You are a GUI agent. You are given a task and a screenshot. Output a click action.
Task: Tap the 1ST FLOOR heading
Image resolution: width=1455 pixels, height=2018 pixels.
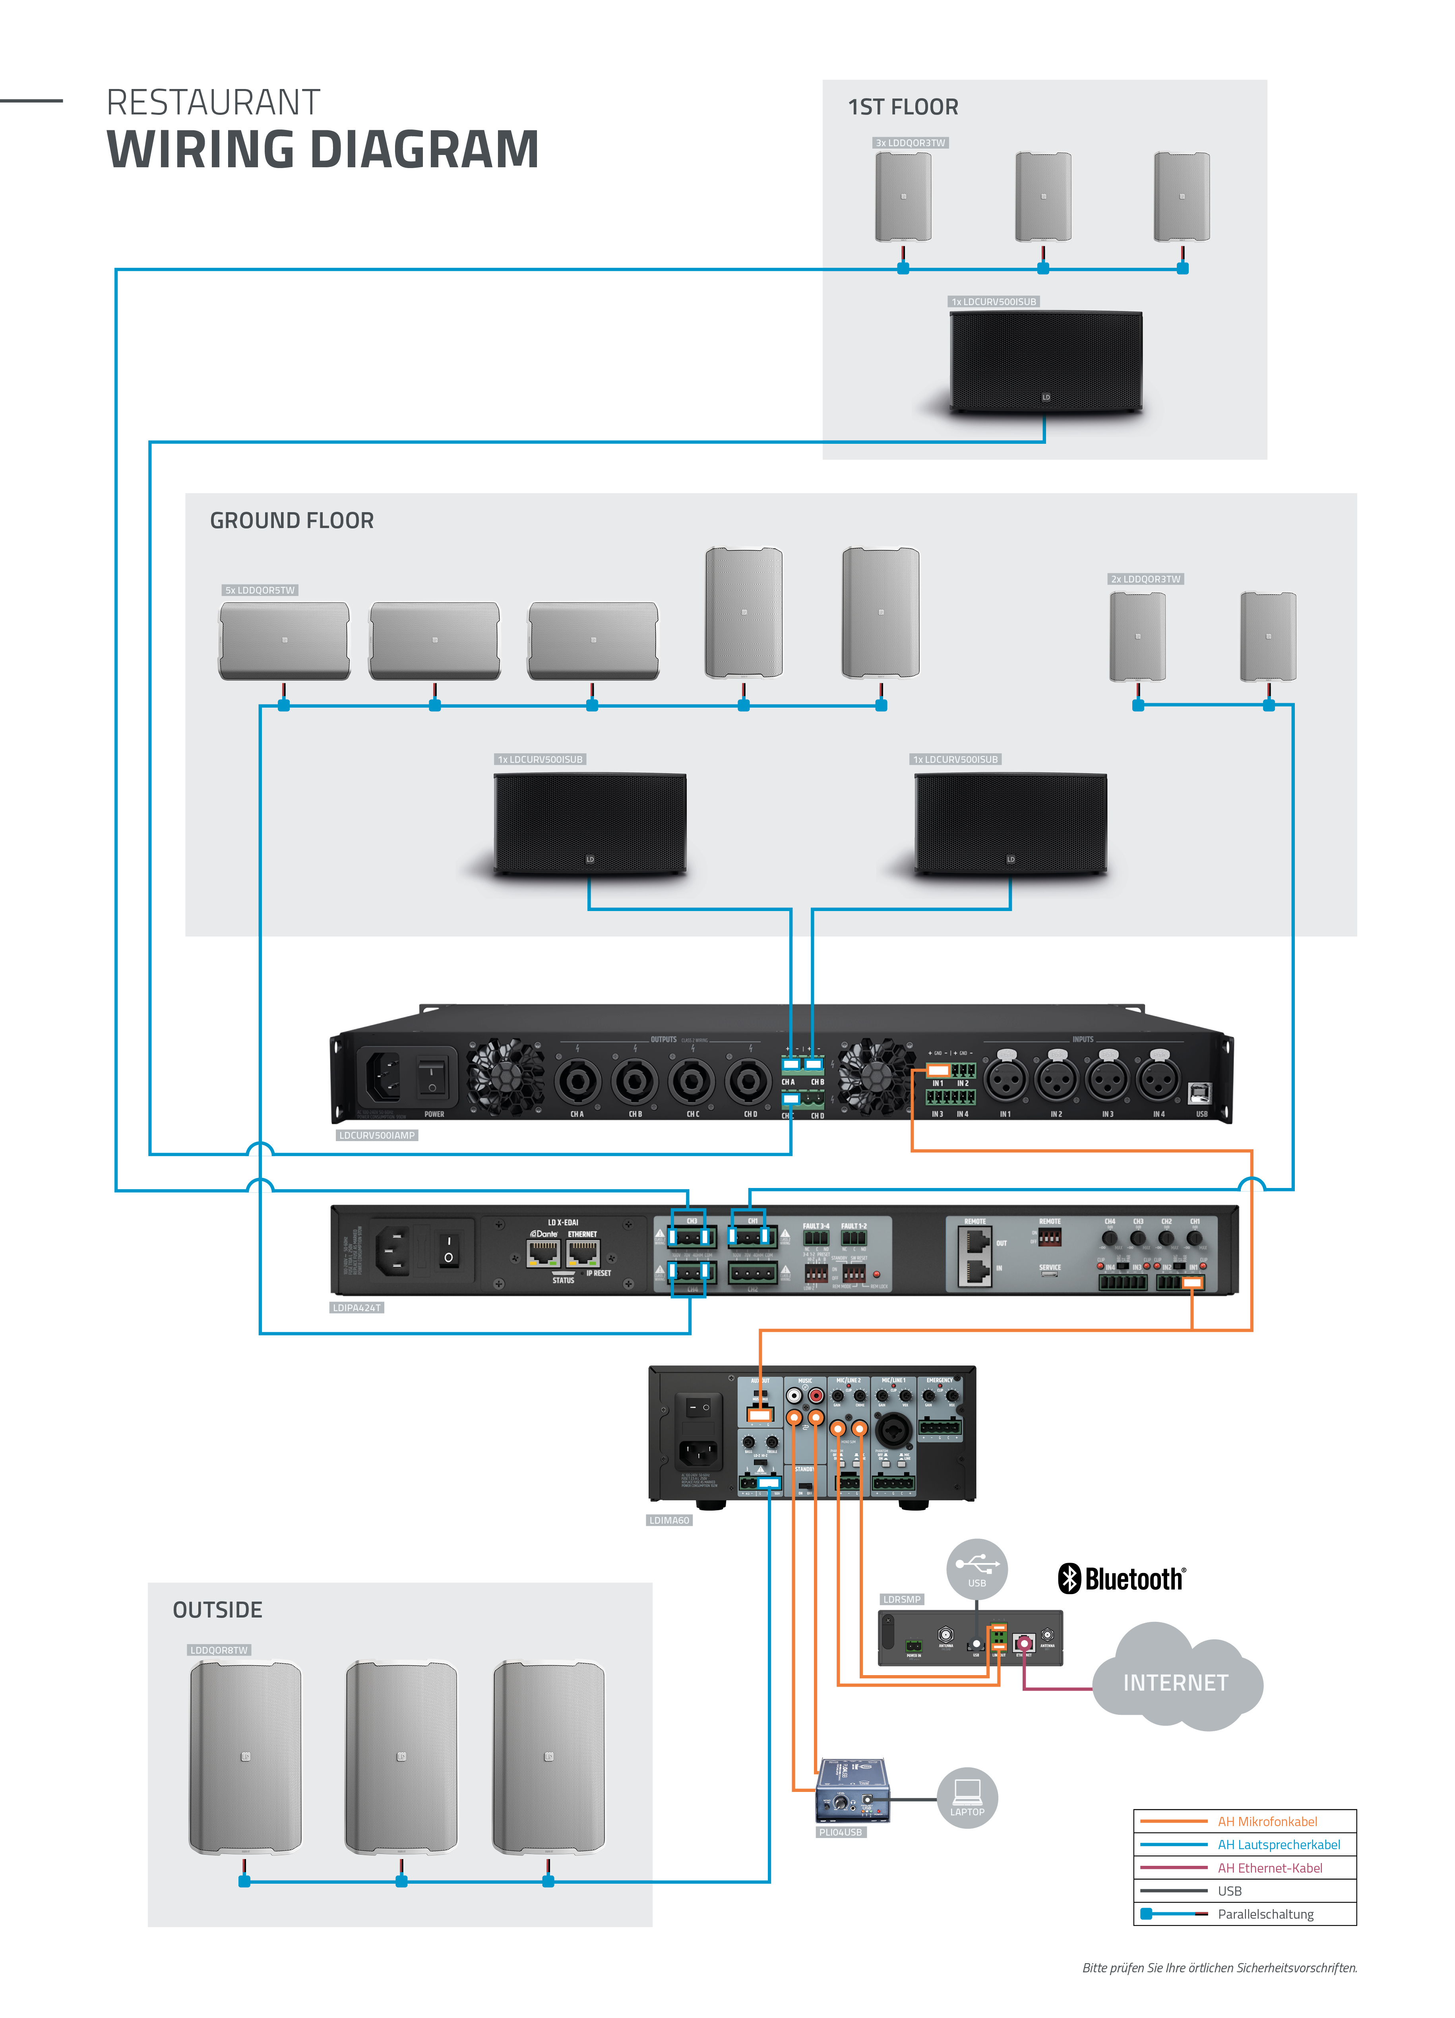tap(902, 108)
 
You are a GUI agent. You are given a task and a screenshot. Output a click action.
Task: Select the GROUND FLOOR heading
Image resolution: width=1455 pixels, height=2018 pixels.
tap(291, 520)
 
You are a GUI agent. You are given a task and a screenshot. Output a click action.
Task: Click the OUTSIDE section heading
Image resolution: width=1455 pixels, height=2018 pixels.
tap(217, 1610)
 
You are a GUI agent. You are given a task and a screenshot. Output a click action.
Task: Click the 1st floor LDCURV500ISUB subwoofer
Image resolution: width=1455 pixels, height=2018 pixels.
tap(1046, 360)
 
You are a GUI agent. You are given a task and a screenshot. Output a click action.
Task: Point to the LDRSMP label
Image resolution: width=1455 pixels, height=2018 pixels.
tap(901, 1599)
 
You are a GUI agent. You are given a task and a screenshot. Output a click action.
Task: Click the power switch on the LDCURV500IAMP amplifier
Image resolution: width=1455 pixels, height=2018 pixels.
tap(432, 1075)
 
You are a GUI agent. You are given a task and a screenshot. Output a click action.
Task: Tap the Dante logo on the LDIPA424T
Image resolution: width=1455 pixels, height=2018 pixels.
tap(544, 1234)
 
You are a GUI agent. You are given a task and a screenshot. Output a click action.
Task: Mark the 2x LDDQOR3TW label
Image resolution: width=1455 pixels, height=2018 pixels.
tap(1145, 579)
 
